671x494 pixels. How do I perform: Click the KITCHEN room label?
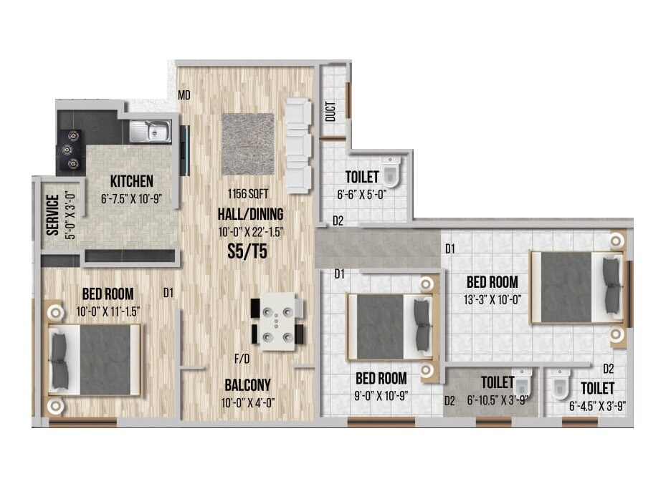click(131, 181)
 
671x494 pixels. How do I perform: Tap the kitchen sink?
click(151, 131)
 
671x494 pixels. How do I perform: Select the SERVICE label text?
click(52, 214)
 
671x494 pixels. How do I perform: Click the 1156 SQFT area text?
click(247, 194)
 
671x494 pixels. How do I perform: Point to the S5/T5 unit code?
click(247, 251)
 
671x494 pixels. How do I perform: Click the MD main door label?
click(184, 95)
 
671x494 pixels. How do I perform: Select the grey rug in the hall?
click(247, 143)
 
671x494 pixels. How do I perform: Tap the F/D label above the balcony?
click(242, 357)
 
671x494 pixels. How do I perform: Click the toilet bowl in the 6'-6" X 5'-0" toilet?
click(390, 172)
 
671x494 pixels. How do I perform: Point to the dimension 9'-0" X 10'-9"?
click(381, 395)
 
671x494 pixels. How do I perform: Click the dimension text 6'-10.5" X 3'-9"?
click(498, 399)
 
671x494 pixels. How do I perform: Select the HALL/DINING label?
click(250, 213)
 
